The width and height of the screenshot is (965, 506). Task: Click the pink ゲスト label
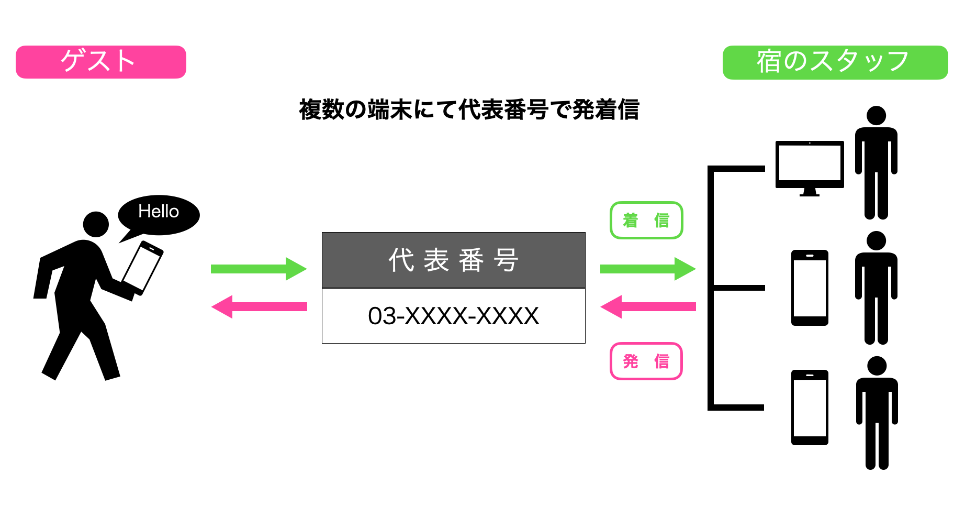click(101, 62)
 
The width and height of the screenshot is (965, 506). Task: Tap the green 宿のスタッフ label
click(835, 62)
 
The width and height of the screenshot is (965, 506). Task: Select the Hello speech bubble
click(159, 214)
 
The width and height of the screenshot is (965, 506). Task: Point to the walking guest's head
click(96, 224)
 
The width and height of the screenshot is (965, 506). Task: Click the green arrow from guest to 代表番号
click(259, 269)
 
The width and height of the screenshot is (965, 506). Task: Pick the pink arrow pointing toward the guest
click(259, 306)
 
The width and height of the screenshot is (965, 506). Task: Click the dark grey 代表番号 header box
click(453, 260)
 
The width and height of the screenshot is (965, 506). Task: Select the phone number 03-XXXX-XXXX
click(453, 316)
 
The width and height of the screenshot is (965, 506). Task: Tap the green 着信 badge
click(646, 220)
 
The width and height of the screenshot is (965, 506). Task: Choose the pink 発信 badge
click(646, 361)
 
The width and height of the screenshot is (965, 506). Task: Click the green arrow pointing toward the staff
click(647, 269)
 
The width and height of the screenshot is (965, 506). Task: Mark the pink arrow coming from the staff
click(647, 306)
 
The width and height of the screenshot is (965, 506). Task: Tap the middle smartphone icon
click(810, 288)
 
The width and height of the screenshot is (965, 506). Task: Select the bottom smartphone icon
click(810, 407)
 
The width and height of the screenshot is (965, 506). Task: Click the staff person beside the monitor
click(876, 162)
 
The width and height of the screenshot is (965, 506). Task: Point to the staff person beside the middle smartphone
click(876, 288)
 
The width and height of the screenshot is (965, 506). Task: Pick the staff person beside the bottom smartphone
click(877, 413)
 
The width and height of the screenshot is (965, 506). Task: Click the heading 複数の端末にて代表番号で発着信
click(469, 110)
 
